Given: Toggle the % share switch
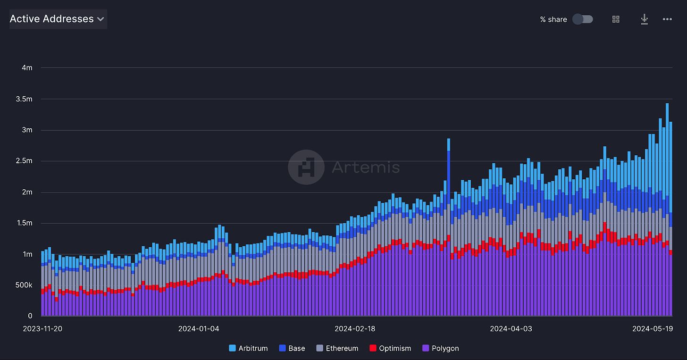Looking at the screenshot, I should tap(582, 19).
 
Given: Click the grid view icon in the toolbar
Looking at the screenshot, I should tap(616, 19).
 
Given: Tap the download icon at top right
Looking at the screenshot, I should tap(644, 19).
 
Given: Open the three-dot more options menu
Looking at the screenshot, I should tap(667, 19).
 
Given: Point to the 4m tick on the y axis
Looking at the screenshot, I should tap(27, 67).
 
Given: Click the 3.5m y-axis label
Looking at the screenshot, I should tap(24, 99).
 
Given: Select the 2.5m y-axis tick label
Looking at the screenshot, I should tap(24, 161).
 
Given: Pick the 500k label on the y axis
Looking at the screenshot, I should tap(24, 285).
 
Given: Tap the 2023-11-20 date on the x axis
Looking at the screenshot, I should tap(42, 328).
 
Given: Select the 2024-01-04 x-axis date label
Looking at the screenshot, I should tap(199, 328).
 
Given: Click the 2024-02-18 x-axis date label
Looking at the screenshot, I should tap(355, 328).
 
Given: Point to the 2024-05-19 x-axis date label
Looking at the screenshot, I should tap(653, 328).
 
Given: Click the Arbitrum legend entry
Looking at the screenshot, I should tap(248, 348).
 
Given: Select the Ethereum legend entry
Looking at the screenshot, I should tap(337, 348).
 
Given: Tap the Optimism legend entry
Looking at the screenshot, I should tap(390, 348).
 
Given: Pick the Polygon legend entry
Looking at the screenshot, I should tap(441, 348).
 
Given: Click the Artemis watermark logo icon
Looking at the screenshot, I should tap(306, 167).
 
